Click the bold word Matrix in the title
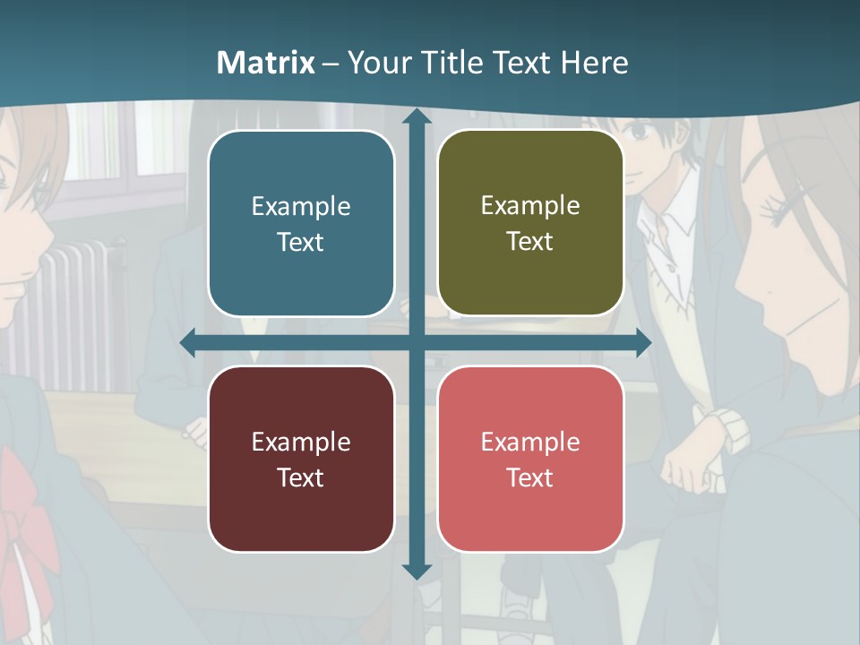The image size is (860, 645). click(266, 62)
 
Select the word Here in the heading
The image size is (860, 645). click(594, 62)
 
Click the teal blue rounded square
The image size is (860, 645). click(301, 223)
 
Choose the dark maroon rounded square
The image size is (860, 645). click(301, 459)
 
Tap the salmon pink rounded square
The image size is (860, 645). click(530, 459)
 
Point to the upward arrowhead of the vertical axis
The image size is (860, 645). click(417, 117)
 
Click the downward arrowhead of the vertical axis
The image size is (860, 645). click(417, 570)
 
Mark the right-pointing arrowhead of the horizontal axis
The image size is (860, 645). click(642, 343)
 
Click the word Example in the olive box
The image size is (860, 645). click(530, 205)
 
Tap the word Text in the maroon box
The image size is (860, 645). click(301, 477)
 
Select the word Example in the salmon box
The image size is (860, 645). click(530, 442)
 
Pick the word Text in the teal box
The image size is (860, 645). click(301, 242)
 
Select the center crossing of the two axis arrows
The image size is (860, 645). click(417, 343)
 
